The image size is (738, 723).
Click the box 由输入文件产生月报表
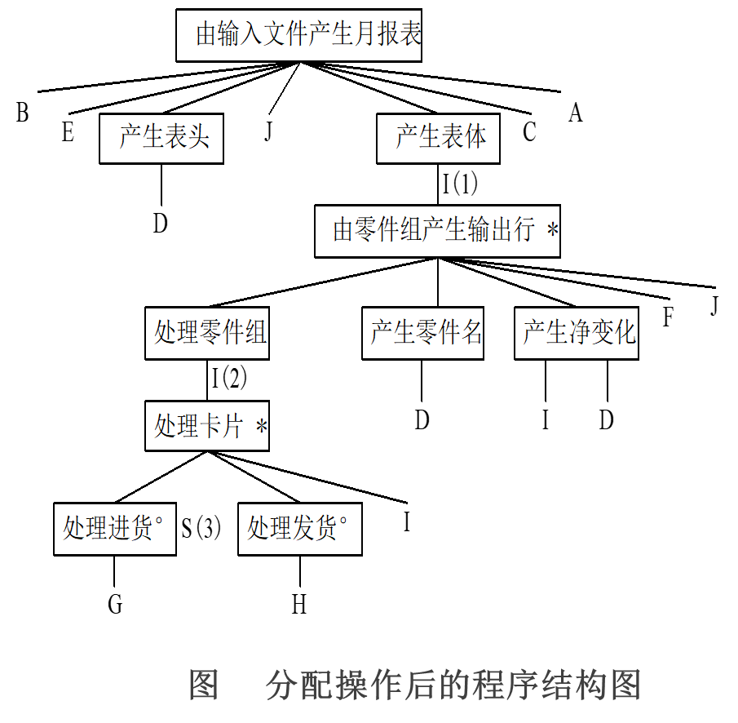pyautogui.click(x=298, y=35)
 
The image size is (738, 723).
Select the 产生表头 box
pyautogui.click(x=161, y=138)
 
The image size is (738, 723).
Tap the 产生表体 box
pyautogui.click(x=438, y=138)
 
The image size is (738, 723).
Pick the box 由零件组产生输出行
pyautogui.click(x=437, y=231)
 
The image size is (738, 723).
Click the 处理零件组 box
pyautogui.click(x=207, y=333)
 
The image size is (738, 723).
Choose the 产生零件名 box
pyautogui.click(x=422, y=333)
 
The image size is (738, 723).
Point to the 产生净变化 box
pyautogui.click(x=577, y=333)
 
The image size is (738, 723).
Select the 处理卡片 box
pyautogui.click(x=207, y=426)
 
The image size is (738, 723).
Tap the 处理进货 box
pyautogui.click(x=115, y=529)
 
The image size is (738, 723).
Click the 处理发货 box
pyautogui.click(x=299, y=529)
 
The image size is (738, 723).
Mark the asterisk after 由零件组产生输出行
pyautogui.click(x=553, y=232)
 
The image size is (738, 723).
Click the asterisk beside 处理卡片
pyautogui.click(x=261, y=428)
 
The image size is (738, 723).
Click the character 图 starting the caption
pyautogui.click(x=203, y=685)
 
